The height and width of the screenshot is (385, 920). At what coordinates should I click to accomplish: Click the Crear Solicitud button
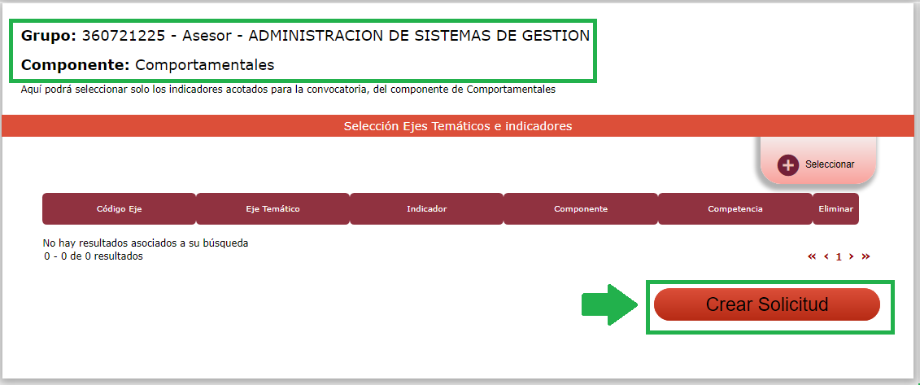click(767, 304)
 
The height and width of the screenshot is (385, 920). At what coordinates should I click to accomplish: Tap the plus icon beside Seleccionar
click(788, 165)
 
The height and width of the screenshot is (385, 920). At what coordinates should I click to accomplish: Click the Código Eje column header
click(119, 209)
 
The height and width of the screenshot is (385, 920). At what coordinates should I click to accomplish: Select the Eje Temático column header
click(273, 209)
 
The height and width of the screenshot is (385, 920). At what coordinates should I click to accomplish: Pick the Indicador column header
click(426, 209)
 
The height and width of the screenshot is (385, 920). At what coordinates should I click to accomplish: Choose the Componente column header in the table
click(581, 209)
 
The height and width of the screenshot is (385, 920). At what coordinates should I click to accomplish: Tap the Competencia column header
click(735, 209)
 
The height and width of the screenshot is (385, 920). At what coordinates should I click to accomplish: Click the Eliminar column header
click(835, 209)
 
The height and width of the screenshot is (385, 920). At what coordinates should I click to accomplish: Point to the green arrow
click(609, 304)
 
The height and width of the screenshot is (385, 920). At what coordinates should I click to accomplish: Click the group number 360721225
click(124, 36)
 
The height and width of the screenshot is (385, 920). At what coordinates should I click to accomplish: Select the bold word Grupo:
click(49, 37)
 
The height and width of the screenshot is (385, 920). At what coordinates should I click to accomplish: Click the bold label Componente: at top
click(75, 65)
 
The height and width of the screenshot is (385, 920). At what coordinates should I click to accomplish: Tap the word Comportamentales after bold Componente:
click(205, 65)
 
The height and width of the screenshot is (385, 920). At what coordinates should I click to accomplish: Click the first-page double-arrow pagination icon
click(812, 256)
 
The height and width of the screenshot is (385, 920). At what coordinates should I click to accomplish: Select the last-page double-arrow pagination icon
click(865, 256)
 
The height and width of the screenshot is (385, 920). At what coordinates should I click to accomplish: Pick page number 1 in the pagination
click(839, 256)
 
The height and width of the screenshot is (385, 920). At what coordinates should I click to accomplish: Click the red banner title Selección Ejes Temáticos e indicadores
click(458, 126)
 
